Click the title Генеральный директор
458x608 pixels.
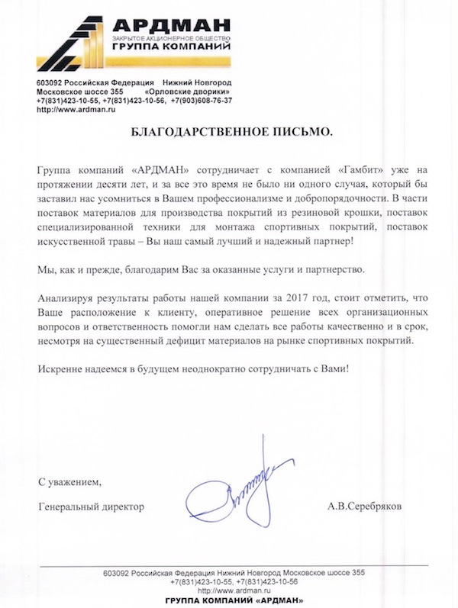(x=90, y=507)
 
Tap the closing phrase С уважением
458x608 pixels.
(x=69, y=482)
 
